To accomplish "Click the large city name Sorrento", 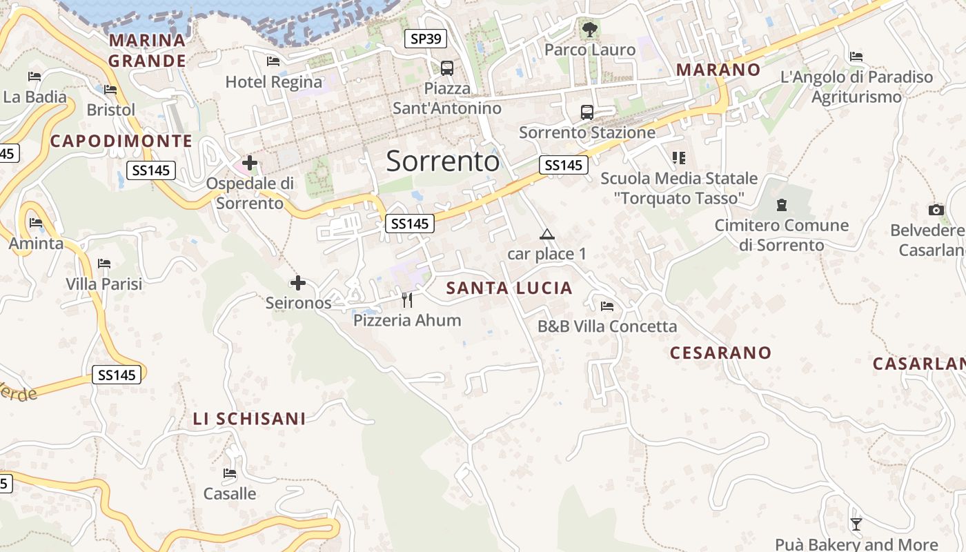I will point(442,161).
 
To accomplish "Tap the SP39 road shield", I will point(425,39).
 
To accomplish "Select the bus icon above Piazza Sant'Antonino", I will point(447,68).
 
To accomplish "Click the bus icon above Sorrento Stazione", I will point(587,112).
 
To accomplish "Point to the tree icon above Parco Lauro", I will point(589,29).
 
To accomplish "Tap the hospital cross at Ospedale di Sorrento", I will point(250,164).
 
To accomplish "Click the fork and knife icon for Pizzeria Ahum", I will point(407,299).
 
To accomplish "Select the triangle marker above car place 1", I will point(547,235).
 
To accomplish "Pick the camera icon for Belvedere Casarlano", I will point(936,210).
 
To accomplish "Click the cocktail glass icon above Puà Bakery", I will point(856,524).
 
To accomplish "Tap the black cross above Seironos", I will point(298,283).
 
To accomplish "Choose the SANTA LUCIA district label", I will point(509,288).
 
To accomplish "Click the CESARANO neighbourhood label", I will point(720,353).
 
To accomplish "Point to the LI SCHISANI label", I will point(249,419).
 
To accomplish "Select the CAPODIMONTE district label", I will point(121,141).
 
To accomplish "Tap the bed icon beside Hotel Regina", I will point(273,61).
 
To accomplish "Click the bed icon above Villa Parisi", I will point(104,263).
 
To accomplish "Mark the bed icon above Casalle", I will point(230,473).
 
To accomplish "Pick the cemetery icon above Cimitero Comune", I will point(781,204).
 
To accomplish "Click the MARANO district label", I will point(718,70).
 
